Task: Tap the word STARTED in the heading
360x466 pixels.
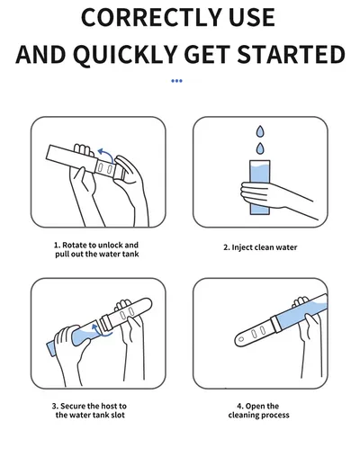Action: point(292,54)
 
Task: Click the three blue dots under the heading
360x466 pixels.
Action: point(176,81)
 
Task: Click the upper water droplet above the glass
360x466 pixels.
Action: point(260,131)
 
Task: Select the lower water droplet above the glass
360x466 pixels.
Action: point(260,148)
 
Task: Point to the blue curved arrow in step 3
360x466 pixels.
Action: point(97,331)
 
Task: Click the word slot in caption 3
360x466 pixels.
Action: point(118,416)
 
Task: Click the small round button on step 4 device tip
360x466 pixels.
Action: point(241,340)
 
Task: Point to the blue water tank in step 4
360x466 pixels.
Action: point(301,313)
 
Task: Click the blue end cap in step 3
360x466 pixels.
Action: point(51,348)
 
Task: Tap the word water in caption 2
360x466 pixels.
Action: point(286,247)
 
